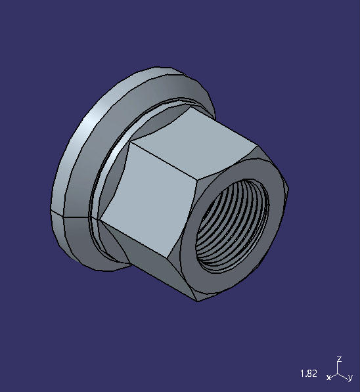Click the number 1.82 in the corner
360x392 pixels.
[x=308, y=374]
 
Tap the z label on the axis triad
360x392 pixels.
[x=339, y=359]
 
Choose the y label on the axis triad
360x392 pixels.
[x=350, y=378]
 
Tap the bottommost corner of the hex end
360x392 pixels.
[x=198, y=302]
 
